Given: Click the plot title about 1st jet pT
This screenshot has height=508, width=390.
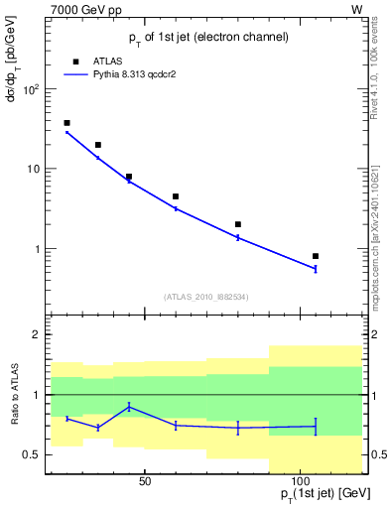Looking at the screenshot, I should click(208, 37).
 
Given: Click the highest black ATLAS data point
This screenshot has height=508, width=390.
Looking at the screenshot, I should click(66, 123).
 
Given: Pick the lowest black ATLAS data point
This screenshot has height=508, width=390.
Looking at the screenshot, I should click(315, 256).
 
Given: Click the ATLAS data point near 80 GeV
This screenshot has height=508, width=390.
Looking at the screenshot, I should click(238, 224).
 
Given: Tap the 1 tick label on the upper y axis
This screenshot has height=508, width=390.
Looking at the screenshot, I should click(35, 249).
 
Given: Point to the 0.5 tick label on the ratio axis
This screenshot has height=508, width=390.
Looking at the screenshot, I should click(30, 454).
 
